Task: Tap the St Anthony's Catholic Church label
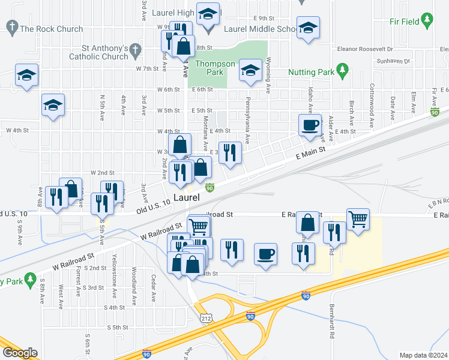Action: [x=106, y=52]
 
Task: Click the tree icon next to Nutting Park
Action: [x=343, y=72]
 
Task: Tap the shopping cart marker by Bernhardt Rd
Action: [x=358, y=220]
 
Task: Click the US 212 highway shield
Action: [x=206, y=317]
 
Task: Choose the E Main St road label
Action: [x=310, y=154]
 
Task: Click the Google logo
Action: [x=20, y=352]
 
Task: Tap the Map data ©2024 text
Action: [x=423, y=355]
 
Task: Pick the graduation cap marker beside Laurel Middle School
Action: [x=309, y=28]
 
